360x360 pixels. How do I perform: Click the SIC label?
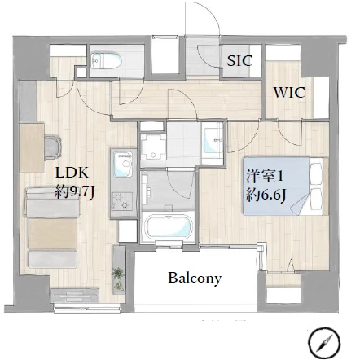(x=239, y=61)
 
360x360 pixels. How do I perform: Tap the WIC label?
(x=289, y=93)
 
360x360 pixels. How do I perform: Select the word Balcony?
(x=195, y=279)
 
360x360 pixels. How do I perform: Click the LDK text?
(x=72, y=173)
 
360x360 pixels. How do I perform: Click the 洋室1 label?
(x=265, y=176)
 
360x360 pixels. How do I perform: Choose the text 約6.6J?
(x=266, y=195)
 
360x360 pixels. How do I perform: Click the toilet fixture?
(x=106, y=60)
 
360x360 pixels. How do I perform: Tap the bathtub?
(x=168, y=226)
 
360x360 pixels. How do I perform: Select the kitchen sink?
(x=123, y=165)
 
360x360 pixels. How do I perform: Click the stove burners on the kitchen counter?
(x=122, y=202)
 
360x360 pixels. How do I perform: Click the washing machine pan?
(x=153, y=147)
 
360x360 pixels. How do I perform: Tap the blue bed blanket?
(x=276, y=187)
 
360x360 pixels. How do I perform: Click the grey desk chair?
(x=54, y=147)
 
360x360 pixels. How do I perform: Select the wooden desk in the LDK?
(x=32, y=147)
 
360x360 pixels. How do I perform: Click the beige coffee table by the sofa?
(x=53, y=234)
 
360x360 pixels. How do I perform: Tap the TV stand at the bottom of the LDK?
(x=74, y=296)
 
